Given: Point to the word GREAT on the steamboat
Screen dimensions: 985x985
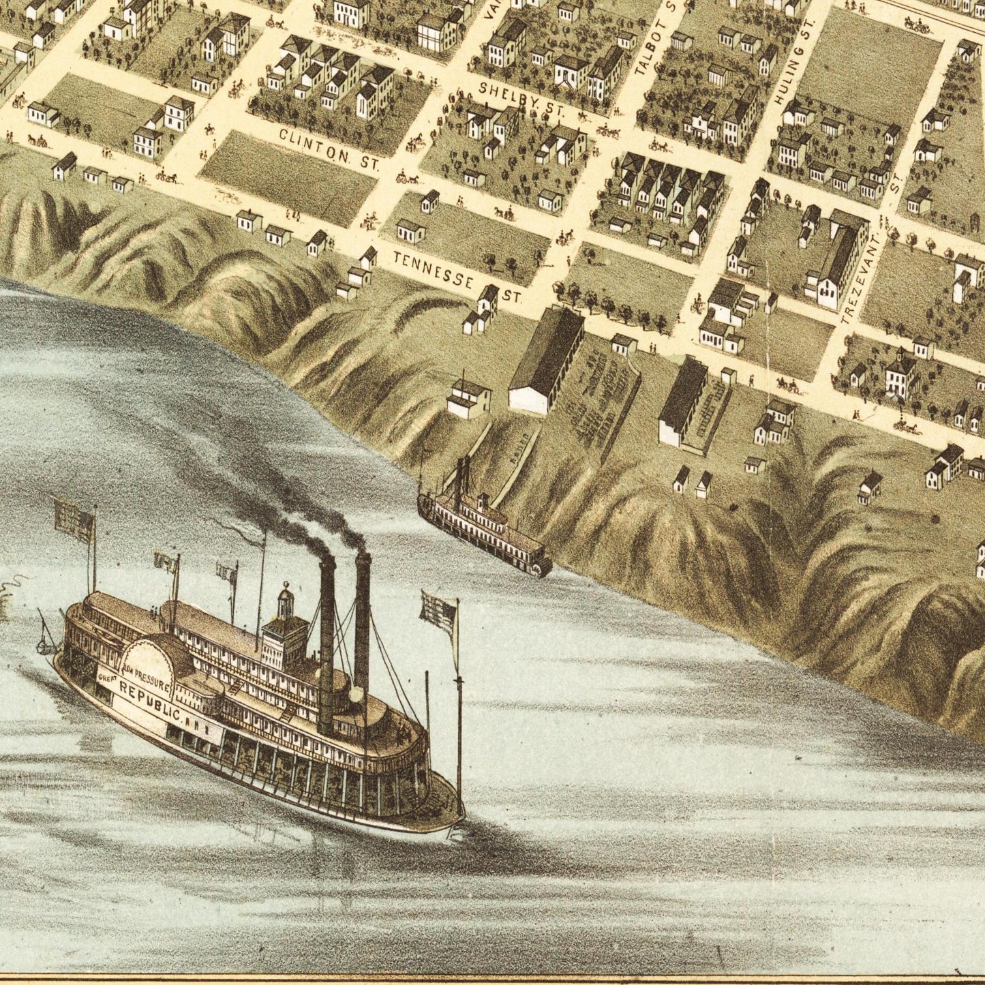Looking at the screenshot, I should tap(107, 678).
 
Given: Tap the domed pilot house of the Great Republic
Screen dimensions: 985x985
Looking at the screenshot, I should tap(286, 604).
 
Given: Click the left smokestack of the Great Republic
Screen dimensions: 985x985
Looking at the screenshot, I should tap(327, 641).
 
